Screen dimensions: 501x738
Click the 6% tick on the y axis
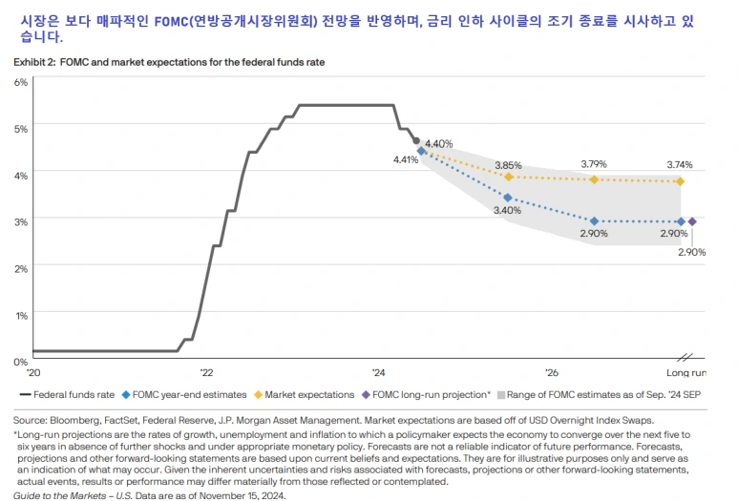pyautogui.click(x=20, y=82)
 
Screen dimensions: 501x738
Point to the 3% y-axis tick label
pyautogui.click(x=20, y=221)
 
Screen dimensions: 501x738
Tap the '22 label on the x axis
pyautogui.click(x=206, y=372)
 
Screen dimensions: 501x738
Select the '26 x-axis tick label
pyautogui.click(x=551, y=372)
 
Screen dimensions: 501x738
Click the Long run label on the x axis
pyautogui.click(x=685, y=372)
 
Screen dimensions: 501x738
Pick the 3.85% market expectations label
pyautogui.click(x=508, y=164)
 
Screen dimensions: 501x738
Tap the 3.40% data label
pyautogui.click(x=508, y=211)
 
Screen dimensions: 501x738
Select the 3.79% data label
pyautogui.click(x=594, y=164)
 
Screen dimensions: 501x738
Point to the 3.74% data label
pyautogui.click(x=681, y=164)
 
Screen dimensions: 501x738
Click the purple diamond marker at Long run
pyautogui.click(x=692, y=221)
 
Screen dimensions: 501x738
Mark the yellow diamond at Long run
pyautogui.click(x=680, y=181)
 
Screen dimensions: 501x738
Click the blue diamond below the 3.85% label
pyautogui.click(x=508, y=198)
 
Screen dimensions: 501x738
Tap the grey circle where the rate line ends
pyautogui.click(x=415, y=141)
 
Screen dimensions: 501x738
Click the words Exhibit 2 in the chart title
pyautogui.click(x=34, y=62)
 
